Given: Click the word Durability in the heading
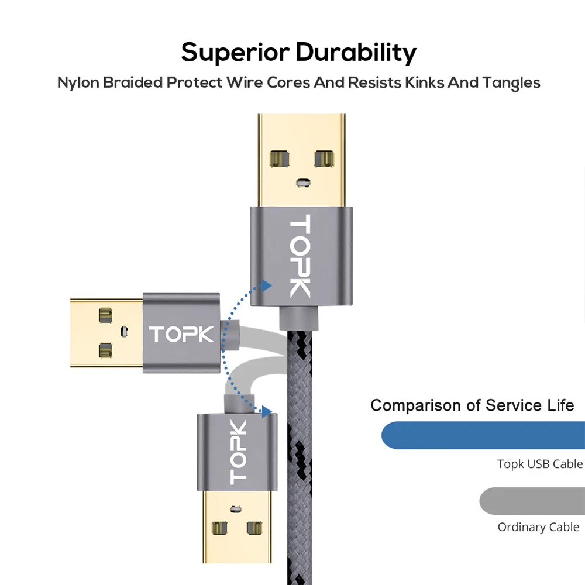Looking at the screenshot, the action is [356, 52].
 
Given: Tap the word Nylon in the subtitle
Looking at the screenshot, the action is [78, 82].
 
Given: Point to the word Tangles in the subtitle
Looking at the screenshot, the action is [511, 82].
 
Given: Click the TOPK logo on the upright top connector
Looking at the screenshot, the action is [300, 256].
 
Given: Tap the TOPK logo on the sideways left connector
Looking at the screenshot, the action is [181, 334].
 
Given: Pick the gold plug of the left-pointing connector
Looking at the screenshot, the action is [106, 333].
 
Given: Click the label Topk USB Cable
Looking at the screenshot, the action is [540, 464].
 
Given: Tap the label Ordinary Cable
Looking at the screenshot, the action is [538, 527].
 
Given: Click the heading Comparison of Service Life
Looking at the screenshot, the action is [472, 405].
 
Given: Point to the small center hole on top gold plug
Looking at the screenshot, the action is [301, 183].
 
